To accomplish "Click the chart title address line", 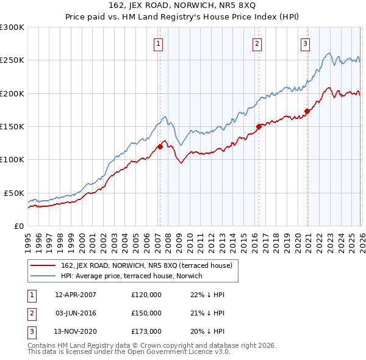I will [182, 6].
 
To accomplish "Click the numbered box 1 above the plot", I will [159, 43].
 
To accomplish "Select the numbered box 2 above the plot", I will [257, 43].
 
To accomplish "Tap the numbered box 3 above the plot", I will [305, 43].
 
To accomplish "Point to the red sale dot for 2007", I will [160, 146].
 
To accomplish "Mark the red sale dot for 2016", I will [259, 126].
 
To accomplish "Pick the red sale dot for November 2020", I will [307, 111].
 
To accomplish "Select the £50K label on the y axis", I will [14, 193].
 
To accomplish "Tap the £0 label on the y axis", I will [18, 226].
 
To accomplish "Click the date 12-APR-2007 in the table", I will [76, 295].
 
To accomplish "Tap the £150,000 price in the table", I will [146, 313].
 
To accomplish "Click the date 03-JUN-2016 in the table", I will [76, 313].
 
